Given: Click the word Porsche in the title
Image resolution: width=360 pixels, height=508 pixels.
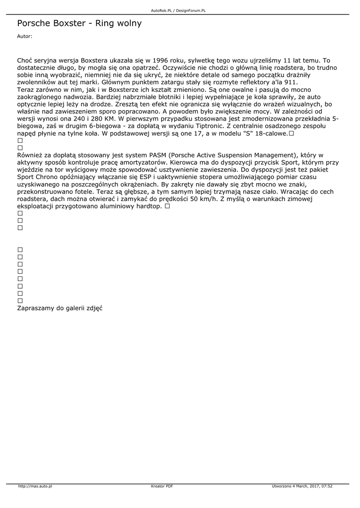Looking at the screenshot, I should pyautogui.click(x=33, y=23).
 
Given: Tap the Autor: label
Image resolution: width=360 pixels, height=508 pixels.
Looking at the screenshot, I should pyautogui.click(x=25, y=36).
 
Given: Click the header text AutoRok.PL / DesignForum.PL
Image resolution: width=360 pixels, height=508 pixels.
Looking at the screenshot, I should pyautogui.click(x=178, y=10).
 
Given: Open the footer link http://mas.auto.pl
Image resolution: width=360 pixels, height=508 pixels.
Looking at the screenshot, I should pyautogui.click(x=35, y=486).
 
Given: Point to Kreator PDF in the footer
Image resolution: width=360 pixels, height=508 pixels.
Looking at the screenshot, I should pyautogui.click(x=162, y=486).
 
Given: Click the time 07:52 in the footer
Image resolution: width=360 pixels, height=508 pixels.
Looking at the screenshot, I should pyautogui.click(x=326, y=486).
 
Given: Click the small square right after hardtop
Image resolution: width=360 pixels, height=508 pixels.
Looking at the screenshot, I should pyautogui.click(x=167, y=206).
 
